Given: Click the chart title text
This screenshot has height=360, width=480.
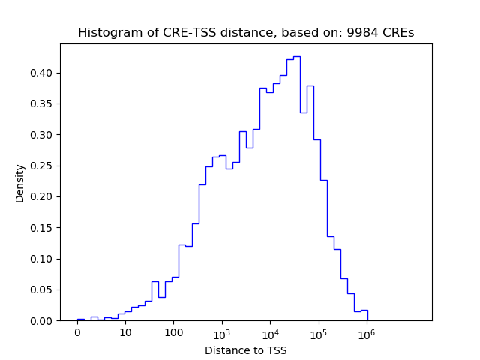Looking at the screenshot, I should pos(246,33).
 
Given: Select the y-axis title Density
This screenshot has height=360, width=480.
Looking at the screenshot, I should pos(20,183).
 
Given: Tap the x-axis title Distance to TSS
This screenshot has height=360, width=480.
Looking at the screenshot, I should pos(246,350).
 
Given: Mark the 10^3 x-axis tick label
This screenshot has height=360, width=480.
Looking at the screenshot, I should pos(222,333).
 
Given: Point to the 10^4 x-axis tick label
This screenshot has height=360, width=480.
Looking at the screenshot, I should pos(270,333).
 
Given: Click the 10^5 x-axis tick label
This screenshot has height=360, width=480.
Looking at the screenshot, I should pos(319,333).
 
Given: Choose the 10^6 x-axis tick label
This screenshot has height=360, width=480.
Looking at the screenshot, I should pos(367,333).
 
